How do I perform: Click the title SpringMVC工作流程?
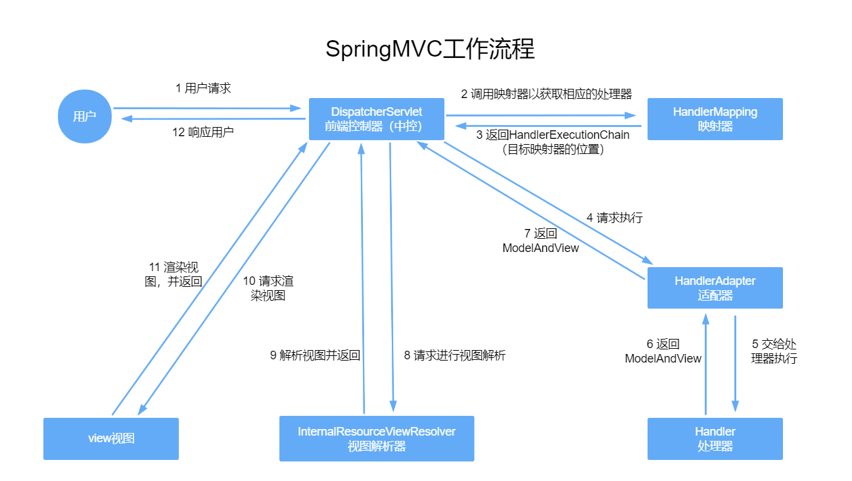[x=430, y=50]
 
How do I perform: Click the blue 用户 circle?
[x=85, y=116]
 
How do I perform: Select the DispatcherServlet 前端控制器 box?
[x=377, y=119]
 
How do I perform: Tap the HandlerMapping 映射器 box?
[x=715, y=119]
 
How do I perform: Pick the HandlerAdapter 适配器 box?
[x=715, y=288]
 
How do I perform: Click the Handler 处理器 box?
[x=715, y=438]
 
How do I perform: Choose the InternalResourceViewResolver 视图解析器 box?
[x=377, y=438]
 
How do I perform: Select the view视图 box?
[x=111, y=438]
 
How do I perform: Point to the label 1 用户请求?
[x=203, y=88]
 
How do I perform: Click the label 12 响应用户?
[x=203, y=132]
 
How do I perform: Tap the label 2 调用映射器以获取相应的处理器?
[x=546, y=94]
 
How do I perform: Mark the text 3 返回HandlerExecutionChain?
[x=552, y=135]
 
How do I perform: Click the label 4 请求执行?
[x=614, y=218]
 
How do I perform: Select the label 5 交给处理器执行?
[x=774, y=351]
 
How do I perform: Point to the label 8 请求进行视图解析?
[x=454, y=355]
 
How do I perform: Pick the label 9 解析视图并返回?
[x=315, y=355]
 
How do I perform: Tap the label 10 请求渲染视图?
[x=268, y=288]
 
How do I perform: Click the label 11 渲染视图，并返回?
[x=174, y=274]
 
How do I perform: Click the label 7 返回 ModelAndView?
[x=540, y=241]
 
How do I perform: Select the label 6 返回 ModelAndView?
[x=663, y=351]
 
